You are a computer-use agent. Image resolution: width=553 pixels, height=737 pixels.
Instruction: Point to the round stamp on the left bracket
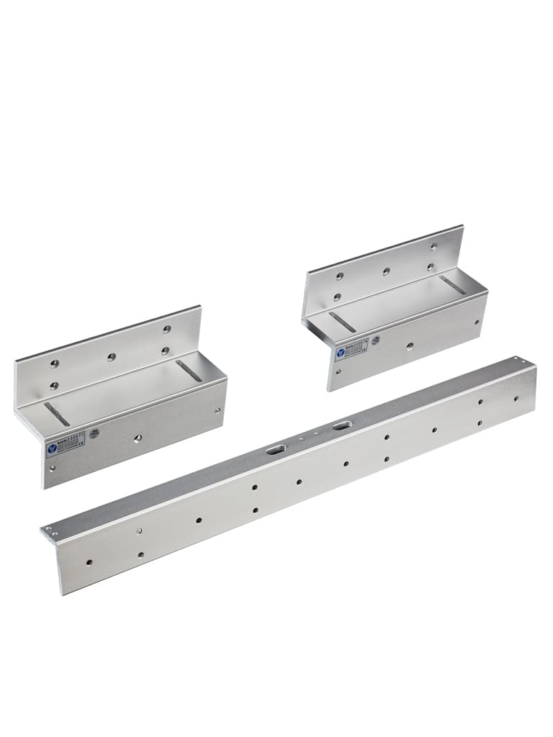(94, 434)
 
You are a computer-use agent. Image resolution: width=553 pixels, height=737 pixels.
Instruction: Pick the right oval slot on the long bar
(340, 427)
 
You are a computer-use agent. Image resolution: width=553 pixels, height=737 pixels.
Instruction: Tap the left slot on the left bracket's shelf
(57, 414)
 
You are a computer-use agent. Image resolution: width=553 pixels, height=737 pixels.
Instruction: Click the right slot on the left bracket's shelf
(189, 371)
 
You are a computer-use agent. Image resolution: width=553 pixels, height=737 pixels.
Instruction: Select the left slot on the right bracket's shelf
(342, 321)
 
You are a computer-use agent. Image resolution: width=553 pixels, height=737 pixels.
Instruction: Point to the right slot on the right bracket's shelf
(452, 285)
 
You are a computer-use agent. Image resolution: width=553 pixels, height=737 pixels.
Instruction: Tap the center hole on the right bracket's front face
(410, 346)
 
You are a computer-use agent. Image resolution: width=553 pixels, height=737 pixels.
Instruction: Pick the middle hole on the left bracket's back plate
(111, 357)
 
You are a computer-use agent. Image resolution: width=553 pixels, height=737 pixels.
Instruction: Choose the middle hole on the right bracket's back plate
(386, 271)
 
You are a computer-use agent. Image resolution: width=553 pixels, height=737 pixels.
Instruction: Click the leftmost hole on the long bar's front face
(89, 562)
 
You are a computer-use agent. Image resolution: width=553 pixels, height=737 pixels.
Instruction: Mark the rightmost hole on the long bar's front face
(516, 398)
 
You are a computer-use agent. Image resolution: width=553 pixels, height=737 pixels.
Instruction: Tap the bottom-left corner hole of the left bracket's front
(52, 469)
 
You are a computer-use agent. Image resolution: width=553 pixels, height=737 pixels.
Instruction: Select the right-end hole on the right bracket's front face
(477, 322)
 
